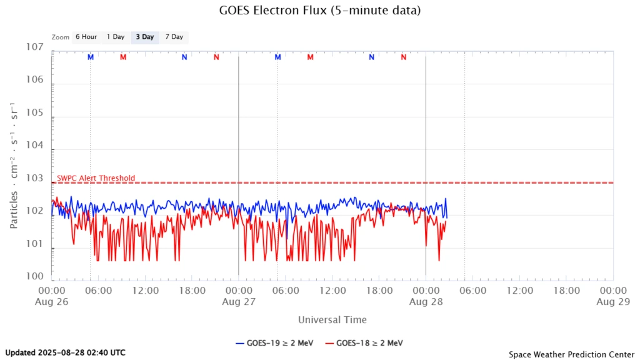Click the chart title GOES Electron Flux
319,11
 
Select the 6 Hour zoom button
86,37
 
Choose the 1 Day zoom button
116,37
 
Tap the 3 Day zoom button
144,37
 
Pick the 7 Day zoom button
174,37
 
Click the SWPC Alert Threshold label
96,178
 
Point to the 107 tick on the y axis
34,47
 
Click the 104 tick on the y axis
34,146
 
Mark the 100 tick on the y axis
34,276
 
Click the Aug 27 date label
239,301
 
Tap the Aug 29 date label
613,301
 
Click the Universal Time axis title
332,320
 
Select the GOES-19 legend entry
274,342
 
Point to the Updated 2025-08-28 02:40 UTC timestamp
65,352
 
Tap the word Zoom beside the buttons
61,37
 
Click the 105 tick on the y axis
34,113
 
